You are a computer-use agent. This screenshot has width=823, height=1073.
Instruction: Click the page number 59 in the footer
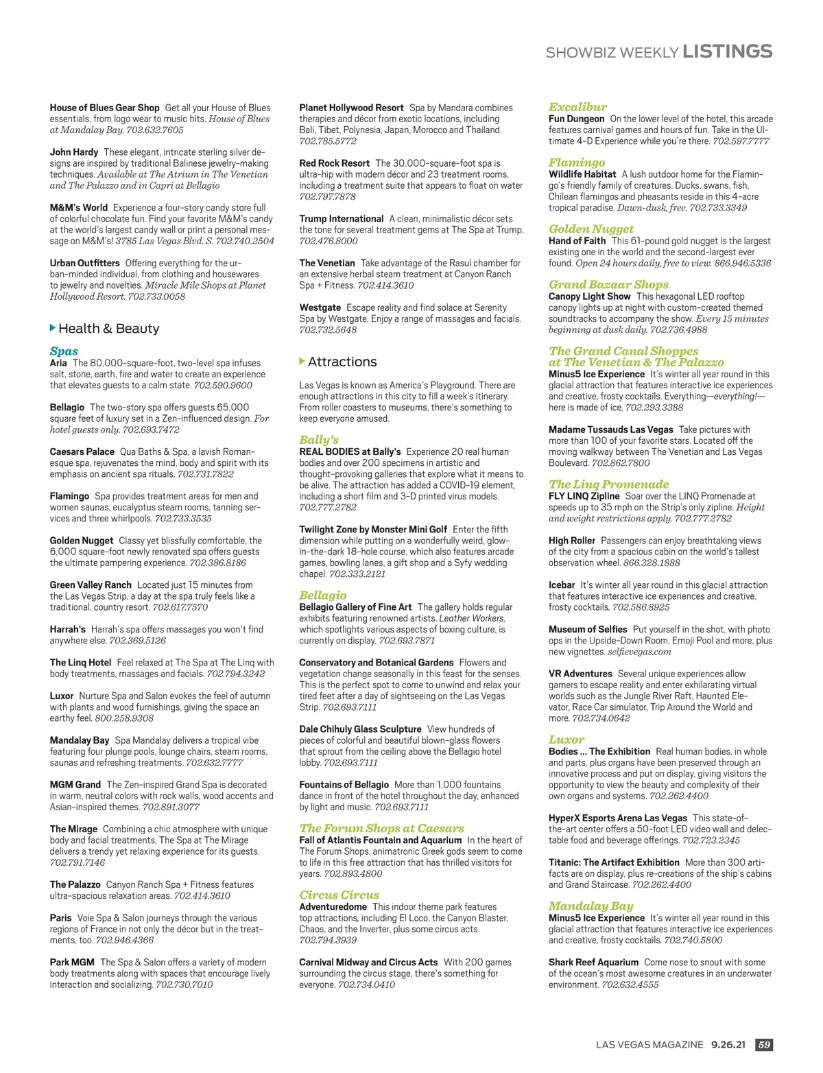tap(763, 1044)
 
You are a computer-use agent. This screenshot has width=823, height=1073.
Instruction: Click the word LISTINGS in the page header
tap(728, 51)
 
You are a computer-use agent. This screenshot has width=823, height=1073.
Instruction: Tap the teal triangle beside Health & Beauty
tap(53, 328)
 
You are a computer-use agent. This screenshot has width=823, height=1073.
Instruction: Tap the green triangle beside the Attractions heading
tap(302, 361)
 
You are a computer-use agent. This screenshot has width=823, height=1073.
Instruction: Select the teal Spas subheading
tap(64, 351)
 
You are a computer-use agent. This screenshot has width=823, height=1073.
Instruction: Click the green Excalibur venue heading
tap(577, 107)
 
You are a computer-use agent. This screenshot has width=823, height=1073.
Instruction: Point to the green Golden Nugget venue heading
tap(591, 229)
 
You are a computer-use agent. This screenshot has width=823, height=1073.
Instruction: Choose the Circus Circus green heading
tap(339, 895)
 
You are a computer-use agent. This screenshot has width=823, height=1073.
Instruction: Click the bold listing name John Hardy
tap(74, 152)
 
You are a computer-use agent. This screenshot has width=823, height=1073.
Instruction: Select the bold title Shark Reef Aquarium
tap(593, 963)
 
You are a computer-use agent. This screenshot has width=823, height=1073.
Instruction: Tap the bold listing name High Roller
tap(571, 541)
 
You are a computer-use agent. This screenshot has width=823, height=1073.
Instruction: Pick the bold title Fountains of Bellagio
tap(344, 785)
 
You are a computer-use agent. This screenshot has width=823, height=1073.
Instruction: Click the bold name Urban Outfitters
tap(84, 263)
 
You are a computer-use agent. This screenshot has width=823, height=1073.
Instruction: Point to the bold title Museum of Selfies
tap(588, 629)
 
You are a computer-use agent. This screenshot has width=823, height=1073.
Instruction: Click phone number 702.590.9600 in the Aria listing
tap(223, 386)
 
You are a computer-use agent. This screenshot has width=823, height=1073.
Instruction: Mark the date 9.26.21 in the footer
tap(728, 1044)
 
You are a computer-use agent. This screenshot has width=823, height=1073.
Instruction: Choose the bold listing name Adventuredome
tap(333, 907)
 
